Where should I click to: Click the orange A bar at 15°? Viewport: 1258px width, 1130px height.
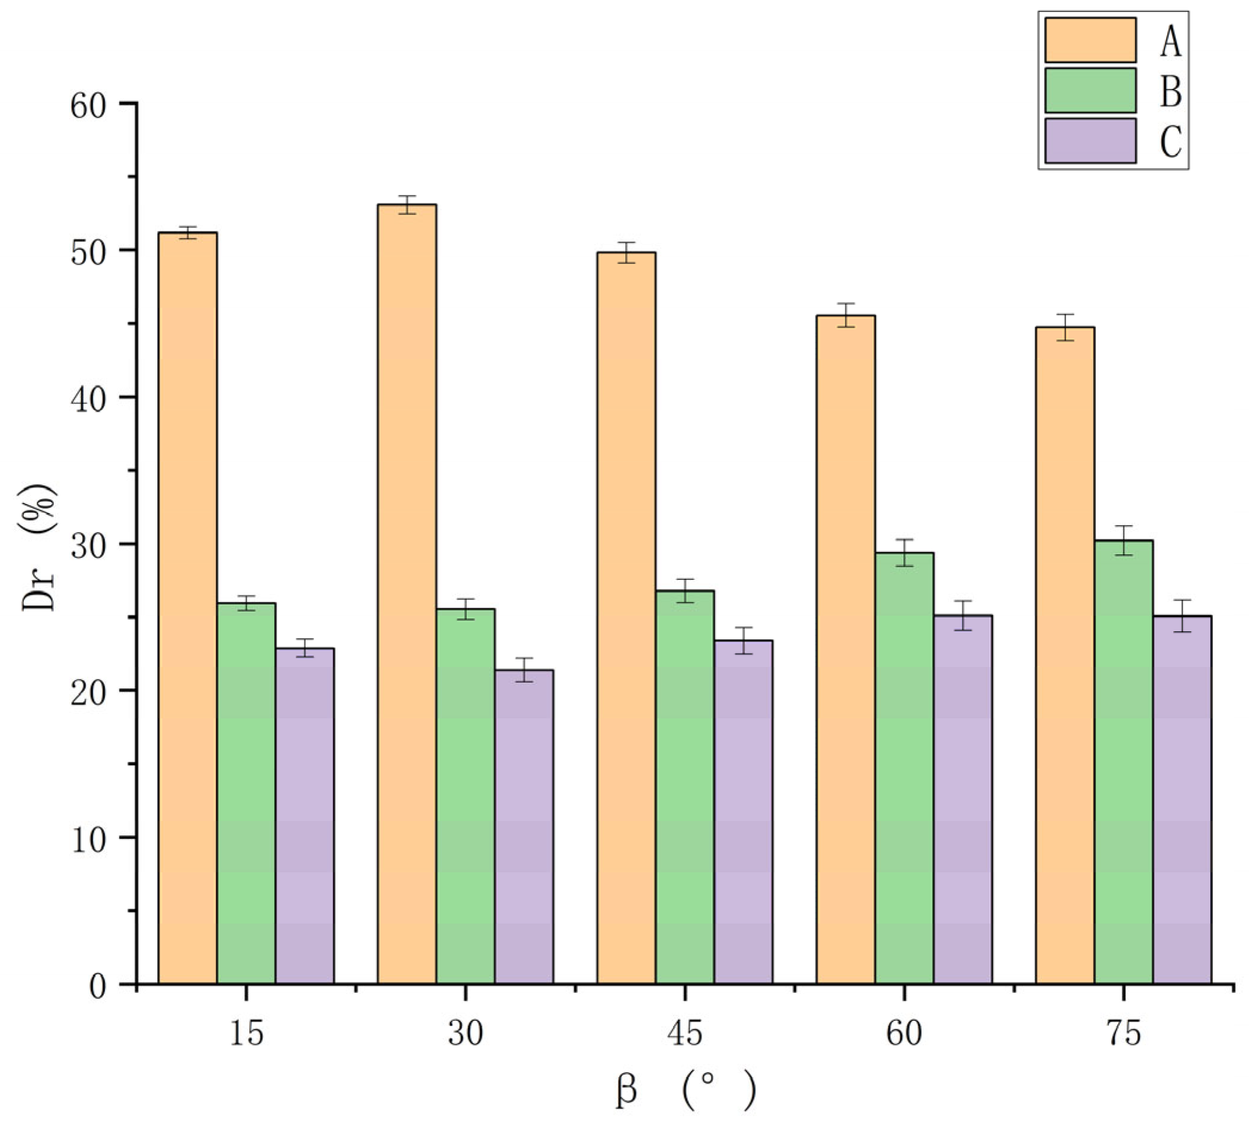[187, 609]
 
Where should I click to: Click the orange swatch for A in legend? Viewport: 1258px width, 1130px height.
[1090, 41]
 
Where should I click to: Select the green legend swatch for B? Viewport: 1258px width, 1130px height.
[1090, 91]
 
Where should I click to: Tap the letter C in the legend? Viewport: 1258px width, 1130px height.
[1170, 141]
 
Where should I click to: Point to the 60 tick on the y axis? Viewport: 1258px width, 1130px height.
[127, 103]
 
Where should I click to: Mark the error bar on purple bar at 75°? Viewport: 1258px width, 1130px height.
[1182, 616]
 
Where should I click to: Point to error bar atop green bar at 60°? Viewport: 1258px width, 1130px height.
[904, 552]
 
